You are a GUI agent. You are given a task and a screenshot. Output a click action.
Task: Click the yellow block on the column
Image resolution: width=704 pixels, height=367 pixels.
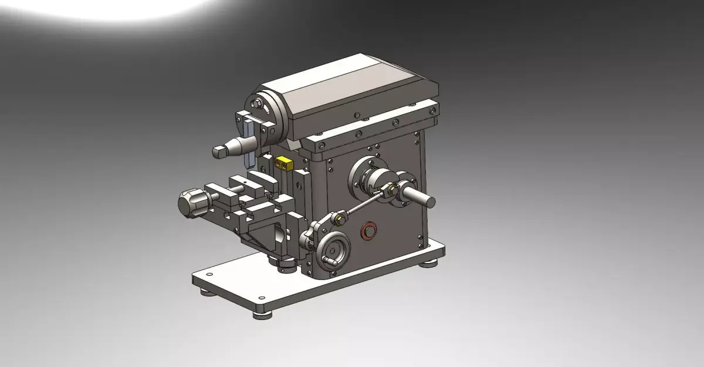click(x=284, y=161)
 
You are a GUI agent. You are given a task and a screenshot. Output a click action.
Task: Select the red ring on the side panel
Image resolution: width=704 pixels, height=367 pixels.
click(x=368, y=230)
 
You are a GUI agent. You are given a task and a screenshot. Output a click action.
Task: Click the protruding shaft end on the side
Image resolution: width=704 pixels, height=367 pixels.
click(x=424, y=198)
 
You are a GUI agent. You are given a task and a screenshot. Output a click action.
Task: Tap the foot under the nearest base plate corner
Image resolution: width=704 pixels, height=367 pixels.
click(x=262, y=314)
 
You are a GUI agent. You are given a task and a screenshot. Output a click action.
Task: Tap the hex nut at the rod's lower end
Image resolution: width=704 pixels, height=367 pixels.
click(x=339, y=220)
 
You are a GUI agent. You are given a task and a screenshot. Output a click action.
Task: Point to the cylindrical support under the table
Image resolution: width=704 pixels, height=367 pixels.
click(x=286, y=265)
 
